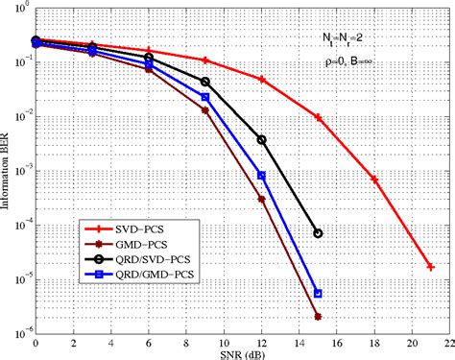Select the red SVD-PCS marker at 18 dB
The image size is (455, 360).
(x=374, y=180)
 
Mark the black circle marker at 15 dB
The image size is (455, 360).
(x=318, y=233)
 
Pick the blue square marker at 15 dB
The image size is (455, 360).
(x=318, y=293)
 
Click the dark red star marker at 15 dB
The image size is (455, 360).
(x=318, y=316)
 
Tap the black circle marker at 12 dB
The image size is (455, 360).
(x=261, y=139)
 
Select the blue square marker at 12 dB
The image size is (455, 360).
(x=261, y=176)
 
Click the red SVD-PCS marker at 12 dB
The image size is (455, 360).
(x=261, y=80)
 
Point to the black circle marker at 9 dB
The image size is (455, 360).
(x=205, y=82)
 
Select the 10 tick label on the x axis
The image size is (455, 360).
(x=224, y=343)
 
